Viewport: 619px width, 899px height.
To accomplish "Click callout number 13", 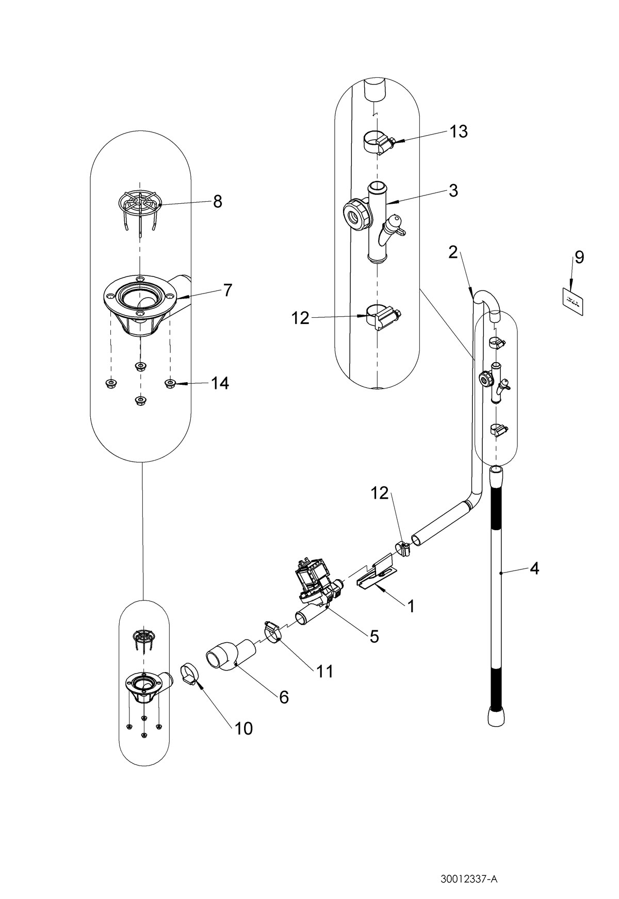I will [458, 132].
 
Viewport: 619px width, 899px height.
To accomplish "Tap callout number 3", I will [453, 190].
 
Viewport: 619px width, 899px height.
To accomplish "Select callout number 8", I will [217, 202].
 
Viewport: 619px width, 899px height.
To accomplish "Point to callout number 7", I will [227, 290].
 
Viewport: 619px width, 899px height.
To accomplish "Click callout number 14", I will [220, 383].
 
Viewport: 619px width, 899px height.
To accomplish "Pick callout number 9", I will [579, 257].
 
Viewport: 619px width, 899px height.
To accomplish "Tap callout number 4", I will [534, 569].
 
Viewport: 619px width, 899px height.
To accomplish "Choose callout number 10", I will [243, 728].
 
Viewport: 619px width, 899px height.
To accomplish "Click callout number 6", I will [284, 697].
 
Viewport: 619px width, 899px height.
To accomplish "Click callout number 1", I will [411, 607].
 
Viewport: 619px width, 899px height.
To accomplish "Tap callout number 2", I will [453, 252].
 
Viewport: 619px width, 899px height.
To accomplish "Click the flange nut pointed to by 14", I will [170, 383].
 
